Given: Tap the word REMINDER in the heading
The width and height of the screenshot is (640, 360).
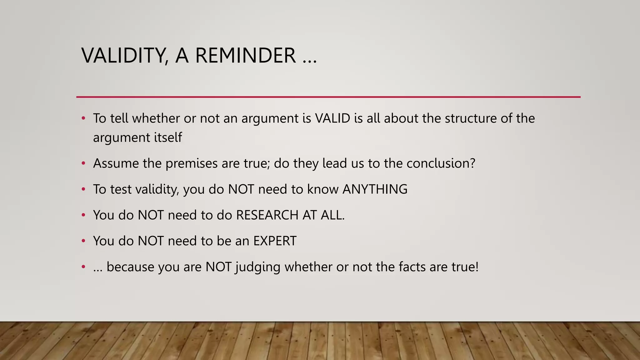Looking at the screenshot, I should [x=245, y=55].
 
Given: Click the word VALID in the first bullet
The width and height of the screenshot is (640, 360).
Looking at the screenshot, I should [x=332, y=118].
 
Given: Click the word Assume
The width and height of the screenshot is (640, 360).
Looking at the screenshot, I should [x=116, y=163].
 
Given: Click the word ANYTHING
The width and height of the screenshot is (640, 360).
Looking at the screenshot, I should [x=375, y=189].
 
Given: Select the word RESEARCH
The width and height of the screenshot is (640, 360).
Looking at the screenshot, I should [x=267, y=215].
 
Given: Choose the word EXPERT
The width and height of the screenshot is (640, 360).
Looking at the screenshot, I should [x=275, y=241].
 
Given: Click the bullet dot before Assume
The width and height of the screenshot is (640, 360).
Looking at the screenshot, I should [x=83, y=163].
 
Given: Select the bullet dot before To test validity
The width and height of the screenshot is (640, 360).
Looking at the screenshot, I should [x=83, y=189].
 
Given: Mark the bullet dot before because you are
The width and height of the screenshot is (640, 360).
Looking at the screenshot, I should [x=83, y=267].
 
